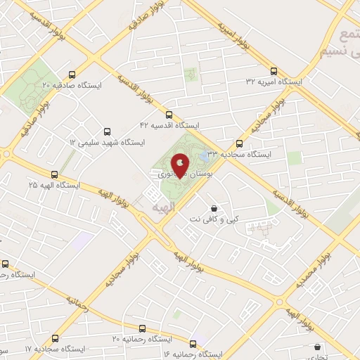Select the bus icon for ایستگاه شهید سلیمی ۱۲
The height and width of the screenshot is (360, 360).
[107, 131]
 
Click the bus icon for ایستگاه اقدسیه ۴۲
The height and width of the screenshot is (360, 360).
[168, 114]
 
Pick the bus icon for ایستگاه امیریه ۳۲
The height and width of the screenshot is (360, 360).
[274, 71]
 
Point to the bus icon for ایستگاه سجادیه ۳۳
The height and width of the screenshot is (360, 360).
[239, 142]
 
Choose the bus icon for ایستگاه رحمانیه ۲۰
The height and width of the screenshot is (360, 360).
[143, 328]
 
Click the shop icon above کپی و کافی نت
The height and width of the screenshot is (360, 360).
[214, 208]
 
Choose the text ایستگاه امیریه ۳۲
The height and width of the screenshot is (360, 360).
[274, 82]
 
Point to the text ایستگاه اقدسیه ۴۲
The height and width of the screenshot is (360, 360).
[169, 125]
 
